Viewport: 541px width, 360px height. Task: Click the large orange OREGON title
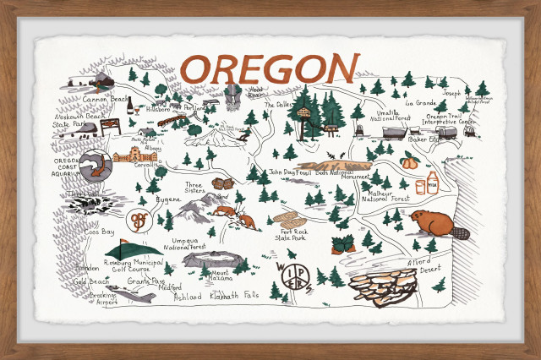(269, 68)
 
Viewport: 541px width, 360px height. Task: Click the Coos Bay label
(99, 232)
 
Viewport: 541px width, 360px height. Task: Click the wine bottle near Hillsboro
(132, 106)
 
